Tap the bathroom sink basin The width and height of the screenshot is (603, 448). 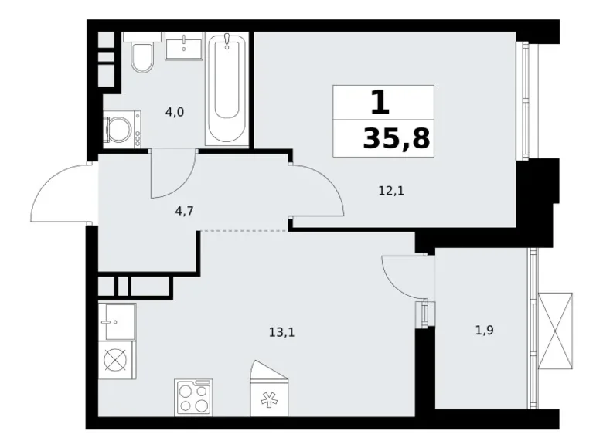point(184,46)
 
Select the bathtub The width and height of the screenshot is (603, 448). point(227,89)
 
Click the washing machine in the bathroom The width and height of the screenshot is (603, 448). point(122,130)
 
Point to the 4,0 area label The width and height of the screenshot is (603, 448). point(175,112)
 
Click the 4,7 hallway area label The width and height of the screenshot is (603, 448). point(184,211)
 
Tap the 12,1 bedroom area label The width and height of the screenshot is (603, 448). point(391,190)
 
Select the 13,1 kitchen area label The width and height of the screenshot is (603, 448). point(282,332)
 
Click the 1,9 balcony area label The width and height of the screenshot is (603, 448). point(485,330)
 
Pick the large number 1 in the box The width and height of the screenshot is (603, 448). point(380,103)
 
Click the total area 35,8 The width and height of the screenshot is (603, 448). point(396,138)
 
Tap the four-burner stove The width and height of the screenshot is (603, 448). point(193,398)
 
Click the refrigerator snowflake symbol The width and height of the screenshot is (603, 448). point(268,400)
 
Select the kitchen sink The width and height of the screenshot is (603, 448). point(118,321)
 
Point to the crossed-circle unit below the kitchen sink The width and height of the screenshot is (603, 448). point(116,361)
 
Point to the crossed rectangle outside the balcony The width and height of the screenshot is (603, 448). point(555,331)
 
